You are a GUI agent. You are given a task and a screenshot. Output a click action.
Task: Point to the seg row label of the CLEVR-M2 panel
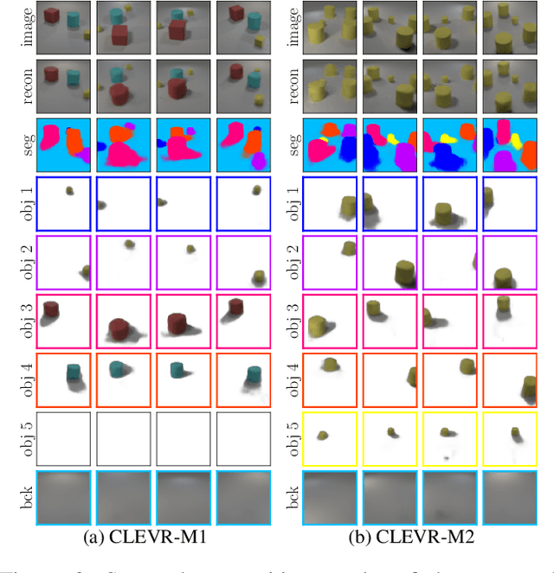point(294,144)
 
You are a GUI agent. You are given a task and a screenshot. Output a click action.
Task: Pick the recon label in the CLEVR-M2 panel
point(294,86)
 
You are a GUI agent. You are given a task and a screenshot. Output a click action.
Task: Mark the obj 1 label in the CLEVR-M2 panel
point(294,203)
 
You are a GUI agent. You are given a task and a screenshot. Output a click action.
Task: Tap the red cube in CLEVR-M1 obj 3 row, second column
point(119,328)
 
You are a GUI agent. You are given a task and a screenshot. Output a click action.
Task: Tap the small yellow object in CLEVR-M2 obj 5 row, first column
point(323,436)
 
